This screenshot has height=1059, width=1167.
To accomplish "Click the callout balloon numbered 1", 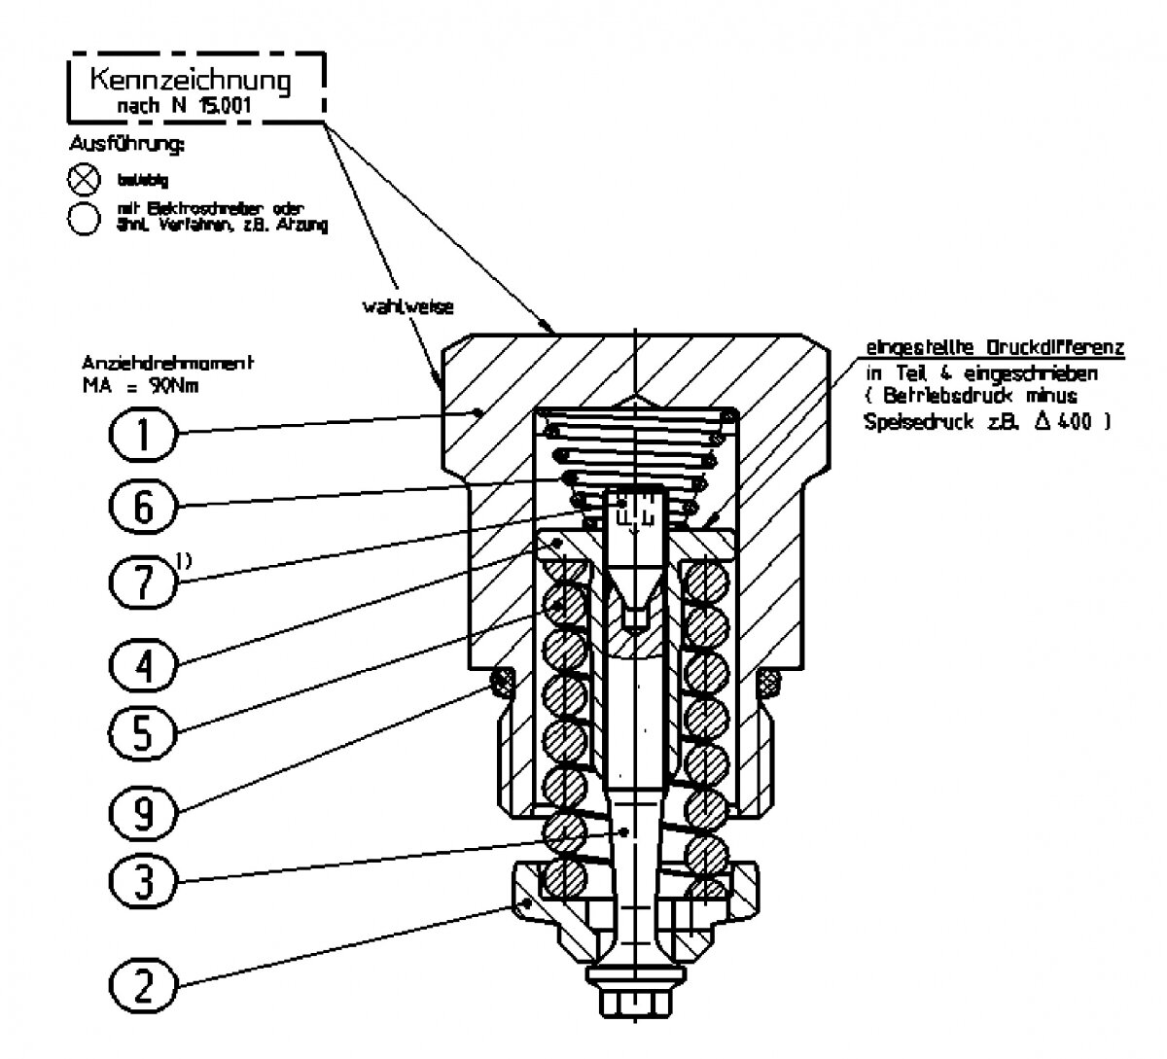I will point(143,433).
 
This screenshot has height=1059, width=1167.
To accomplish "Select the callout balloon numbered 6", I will point(143,507).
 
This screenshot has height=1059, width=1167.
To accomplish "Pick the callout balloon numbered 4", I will point(143,665).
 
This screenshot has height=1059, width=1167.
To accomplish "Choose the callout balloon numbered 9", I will point(143,808).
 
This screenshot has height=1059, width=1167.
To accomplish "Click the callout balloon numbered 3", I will point(143,882).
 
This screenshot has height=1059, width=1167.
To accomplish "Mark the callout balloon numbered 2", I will point(143,984).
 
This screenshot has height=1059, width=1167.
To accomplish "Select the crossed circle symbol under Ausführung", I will point(85,178).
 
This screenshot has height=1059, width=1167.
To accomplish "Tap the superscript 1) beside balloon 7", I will point(184,557).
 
